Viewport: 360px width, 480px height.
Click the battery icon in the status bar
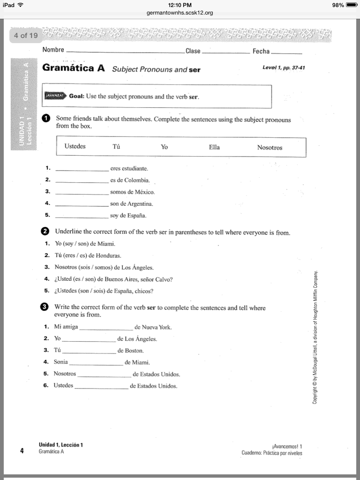pos(352,5)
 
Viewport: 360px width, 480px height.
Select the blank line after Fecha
pos(286,52)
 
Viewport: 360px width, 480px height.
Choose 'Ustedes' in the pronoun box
pos(75,146)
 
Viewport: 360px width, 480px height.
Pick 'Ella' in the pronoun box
pos(214,147)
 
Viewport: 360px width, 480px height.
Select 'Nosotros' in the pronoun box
pos(270,148)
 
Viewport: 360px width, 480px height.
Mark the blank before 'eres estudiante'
pos(82,169)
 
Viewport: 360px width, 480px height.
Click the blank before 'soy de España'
pos(82,217)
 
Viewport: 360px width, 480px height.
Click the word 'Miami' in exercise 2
pos(106,244)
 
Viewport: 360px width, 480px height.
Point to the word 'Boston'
pos(134,351)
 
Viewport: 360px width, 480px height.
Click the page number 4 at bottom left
pos(22,451)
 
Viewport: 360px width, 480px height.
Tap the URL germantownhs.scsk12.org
pos(180,13)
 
